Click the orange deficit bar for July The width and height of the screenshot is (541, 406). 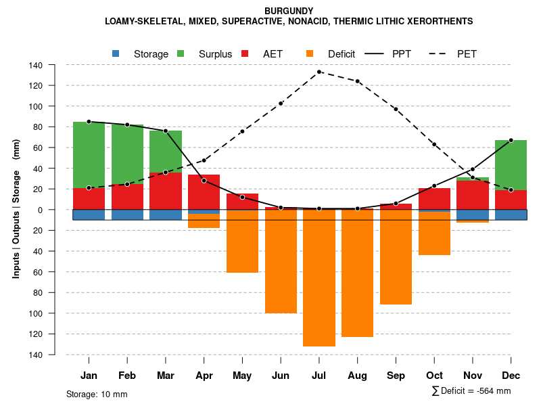click(x=319, y=277)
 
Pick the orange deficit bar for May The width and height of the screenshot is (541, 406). click(x=242, y=241)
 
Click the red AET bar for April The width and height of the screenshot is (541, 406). click(x=204, y=192)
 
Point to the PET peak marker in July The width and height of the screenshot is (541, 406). click(x=319, y=72)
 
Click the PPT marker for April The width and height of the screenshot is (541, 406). click(x=204, y=181)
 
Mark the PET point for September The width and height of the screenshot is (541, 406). click(x=396, y=109)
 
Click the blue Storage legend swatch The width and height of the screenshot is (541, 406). click(x=116, y=53)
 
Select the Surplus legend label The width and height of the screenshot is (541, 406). click(x=215, y=54)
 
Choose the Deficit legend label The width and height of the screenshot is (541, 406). click(x=342, y=54)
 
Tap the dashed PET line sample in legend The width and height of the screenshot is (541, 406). click(x=438, y=53)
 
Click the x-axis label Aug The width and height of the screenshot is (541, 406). click(x=357, y=376)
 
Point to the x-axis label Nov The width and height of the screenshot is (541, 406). click(x=473, y=376)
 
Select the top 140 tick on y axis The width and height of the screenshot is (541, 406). click(x=36, y=65)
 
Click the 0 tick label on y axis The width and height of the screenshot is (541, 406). click(x=40, y=210)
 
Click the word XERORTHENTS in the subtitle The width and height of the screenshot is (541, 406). click(x=439, y=22)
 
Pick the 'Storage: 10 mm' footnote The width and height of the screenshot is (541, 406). click(x=97, y=394)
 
